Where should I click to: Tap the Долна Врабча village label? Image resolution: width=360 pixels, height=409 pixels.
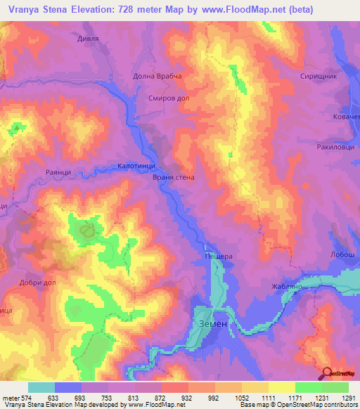tap(157, 76)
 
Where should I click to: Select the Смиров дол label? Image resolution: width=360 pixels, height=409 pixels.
tap(169, 99)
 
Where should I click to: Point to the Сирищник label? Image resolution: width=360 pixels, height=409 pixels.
tap(319, 75)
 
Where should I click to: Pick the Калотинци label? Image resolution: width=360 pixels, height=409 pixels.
tap(137, 167)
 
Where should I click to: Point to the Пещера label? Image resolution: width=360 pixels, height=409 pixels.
tap(218, 257)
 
